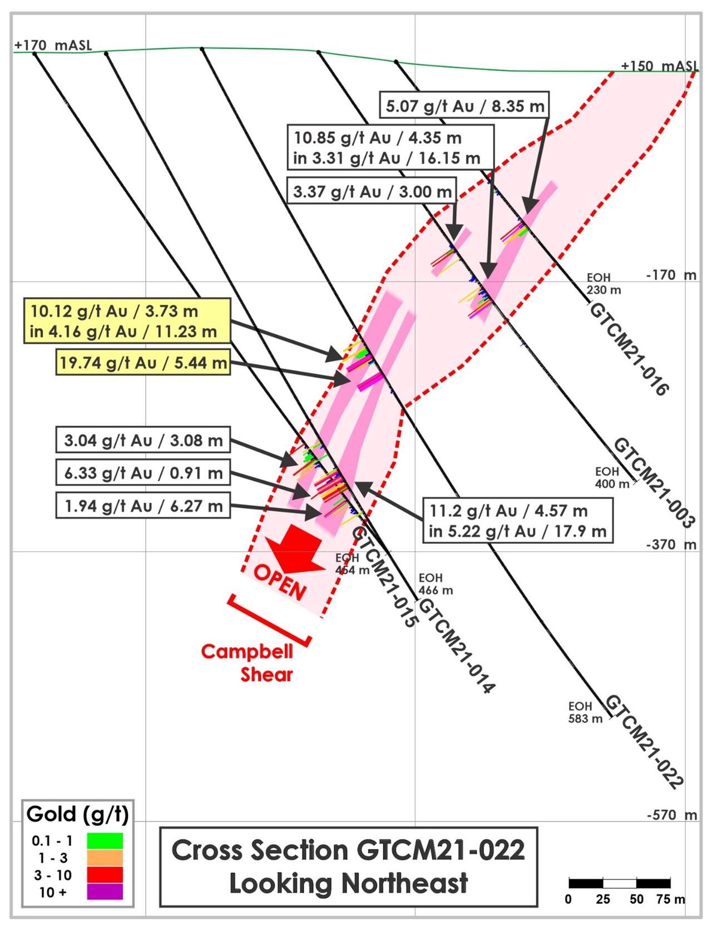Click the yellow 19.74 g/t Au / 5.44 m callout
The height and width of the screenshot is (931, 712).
(x=143, y=362)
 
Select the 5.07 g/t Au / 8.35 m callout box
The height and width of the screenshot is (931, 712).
(x=464, y=105)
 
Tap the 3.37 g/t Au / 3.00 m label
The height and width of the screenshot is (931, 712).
(x=372, y=191)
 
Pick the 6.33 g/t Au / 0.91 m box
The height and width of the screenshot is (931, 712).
(x=143, y=472)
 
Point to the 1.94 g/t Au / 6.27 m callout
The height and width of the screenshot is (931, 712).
(x=143, y=505)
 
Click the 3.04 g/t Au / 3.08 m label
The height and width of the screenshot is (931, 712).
(x=143, y=439)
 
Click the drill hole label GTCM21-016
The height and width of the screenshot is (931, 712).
(x=629, y=349)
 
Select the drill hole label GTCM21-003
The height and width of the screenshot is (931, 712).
(x=654, y=483)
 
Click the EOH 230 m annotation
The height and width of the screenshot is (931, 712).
(x=604, y=284)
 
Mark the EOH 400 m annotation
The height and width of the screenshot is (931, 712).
(x=612, y=477)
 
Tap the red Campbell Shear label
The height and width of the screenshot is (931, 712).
(x=247, y=662)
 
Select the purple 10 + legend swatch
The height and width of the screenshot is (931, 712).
(x=105, y=891)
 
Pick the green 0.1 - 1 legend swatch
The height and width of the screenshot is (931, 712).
(x=105, y=840)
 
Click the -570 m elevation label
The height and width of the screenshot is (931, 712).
(x=672, y=815)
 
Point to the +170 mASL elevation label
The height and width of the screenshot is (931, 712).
(x=53, y=45)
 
